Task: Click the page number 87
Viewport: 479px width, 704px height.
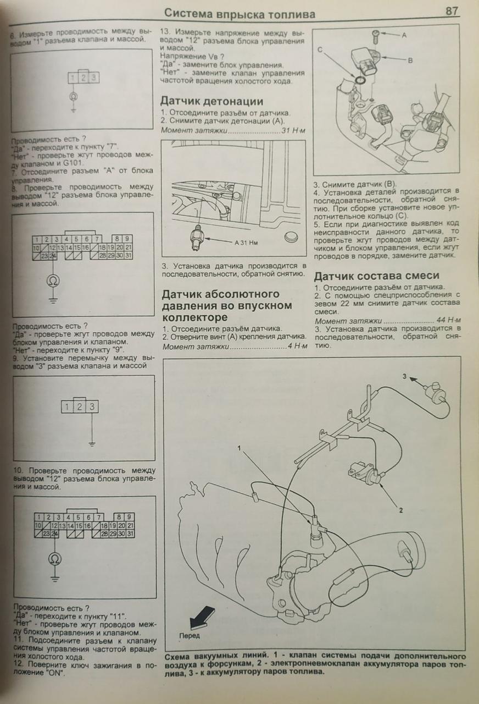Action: click(452, 11)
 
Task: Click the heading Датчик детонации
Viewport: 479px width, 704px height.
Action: click(211, 101)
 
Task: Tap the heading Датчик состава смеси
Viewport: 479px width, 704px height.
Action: click(376, 276)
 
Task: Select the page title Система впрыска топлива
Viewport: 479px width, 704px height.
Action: click(240, 14)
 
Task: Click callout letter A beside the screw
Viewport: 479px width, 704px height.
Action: click(404, 35)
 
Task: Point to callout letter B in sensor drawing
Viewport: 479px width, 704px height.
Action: click(410, 61)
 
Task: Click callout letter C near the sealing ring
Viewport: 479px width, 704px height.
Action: click(320, 50)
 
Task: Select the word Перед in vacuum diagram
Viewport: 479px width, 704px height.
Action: click(189, 636)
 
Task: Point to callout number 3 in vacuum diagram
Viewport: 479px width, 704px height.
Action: click(404, 377)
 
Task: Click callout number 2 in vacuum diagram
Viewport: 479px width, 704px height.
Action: click(401, 510)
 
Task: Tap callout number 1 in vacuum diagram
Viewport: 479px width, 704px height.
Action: click(239, 448)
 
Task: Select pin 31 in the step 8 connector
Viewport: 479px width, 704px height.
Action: click(128, 256)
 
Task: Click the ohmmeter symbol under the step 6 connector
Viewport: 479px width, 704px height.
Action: click(73, 96)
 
